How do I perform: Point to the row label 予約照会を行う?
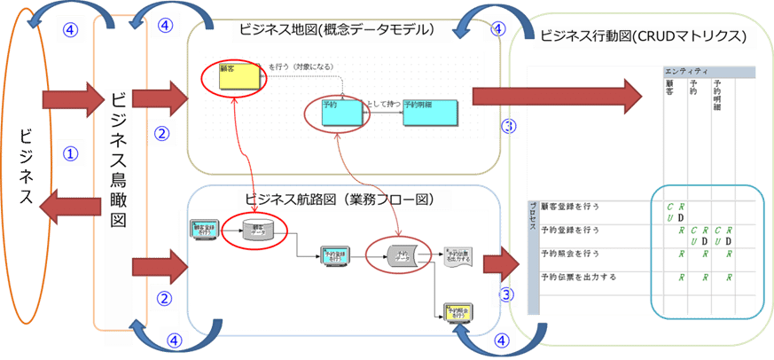[x=570, y=254]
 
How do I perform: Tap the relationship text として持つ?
[x=382, y=105]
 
